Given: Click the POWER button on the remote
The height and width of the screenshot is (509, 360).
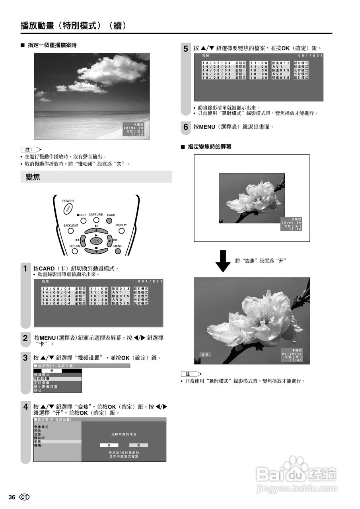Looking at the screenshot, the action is click(68, 208).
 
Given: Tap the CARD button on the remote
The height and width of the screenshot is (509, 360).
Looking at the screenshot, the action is click(109, 221).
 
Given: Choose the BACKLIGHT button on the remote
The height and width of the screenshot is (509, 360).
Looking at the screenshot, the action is click(71, 231).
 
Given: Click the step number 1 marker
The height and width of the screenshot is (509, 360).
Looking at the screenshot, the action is click(25, 269).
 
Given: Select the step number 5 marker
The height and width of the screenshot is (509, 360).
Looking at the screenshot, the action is click(186, 49).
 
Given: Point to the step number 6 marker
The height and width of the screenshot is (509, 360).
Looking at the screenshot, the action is click(186, 127).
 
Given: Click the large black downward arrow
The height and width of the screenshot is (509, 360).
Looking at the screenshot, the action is click(223, 261).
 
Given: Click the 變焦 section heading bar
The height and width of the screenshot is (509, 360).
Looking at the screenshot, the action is click(96, 177).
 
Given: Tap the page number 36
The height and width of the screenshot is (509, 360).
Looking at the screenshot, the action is click(12, 497).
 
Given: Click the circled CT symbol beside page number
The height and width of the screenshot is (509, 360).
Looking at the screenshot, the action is click(25, 497).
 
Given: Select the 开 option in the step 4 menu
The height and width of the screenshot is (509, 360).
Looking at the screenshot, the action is click(109, 445).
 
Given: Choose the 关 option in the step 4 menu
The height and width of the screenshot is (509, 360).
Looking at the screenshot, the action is click(138, 445).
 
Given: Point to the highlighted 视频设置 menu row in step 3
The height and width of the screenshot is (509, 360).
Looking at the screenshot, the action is click(58, 379).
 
